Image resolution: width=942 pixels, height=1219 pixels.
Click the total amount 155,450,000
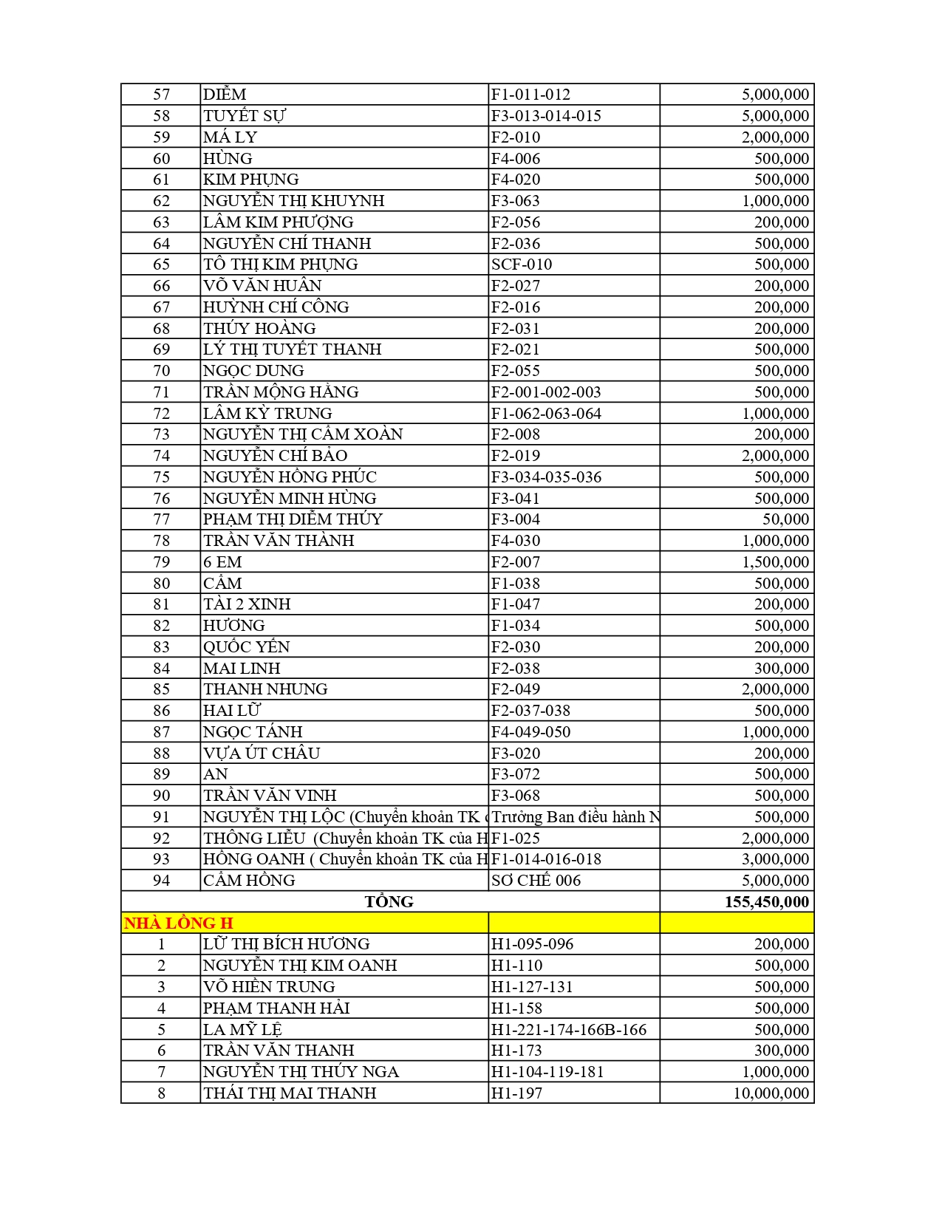[766, 902]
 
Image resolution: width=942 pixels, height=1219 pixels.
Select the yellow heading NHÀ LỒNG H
[179, 923]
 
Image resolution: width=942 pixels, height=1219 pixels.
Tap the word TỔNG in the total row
[389, 902]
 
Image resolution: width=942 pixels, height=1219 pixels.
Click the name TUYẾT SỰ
[245, 116]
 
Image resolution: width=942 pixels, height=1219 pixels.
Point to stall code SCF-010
[522, 264]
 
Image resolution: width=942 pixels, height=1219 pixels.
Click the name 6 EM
[222, 562]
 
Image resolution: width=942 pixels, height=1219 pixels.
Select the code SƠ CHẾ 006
[536, 881]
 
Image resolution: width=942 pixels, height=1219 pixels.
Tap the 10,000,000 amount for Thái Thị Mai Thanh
[771, 1093]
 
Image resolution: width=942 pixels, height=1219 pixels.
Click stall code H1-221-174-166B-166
[569, 1030]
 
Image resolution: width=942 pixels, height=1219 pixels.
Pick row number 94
[161, 881]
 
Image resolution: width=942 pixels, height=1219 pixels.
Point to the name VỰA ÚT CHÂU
[262, 754]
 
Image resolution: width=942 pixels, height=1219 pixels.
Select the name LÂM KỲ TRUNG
[267, 414]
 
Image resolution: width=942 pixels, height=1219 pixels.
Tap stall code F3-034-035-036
[546, 477]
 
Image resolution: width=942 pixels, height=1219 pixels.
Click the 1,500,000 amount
[775, 562]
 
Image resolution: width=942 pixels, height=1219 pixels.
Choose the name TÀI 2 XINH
[247, 604]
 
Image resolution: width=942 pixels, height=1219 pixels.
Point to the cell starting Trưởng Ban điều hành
[575, 817]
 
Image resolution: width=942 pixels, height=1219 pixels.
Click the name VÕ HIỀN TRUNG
[269, 987]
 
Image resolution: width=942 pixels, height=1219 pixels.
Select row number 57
[161, 95]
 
